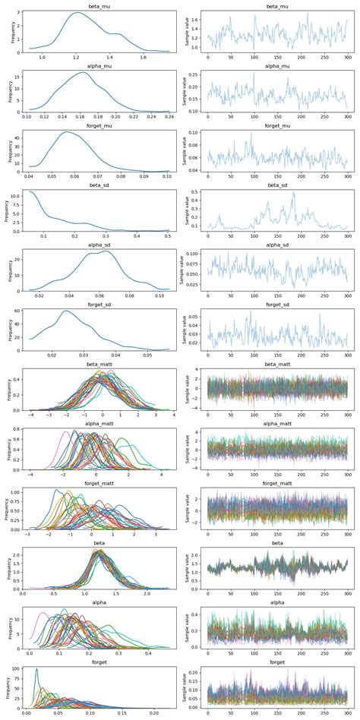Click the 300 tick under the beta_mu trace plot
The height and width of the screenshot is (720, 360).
[346, 56]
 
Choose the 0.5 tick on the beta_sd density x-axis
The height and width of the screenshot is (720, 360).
[168, 236]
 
